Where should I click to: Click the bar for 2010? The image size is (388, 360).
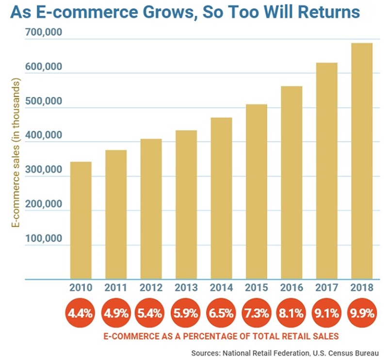81,221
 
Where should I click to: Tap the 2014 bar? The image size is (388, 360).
221,199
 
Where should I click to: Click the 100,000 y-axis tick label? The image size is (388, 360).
41,239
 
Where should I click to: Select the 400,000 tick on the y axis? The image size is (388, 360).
41,136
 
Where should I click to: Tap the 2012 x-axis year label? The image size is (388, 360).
151,288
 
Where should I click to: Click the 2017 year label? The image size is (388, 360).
327,288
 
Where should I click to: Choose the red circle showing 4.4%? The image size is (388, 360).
81,313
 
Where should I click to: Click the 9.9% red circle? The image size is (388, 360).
362,313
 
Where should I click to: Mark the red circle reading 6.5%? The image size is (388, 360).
221,313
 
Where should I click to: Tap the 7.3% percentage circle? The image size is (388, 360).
256,313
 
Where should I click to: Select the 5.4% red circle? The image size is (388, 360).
151,313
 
